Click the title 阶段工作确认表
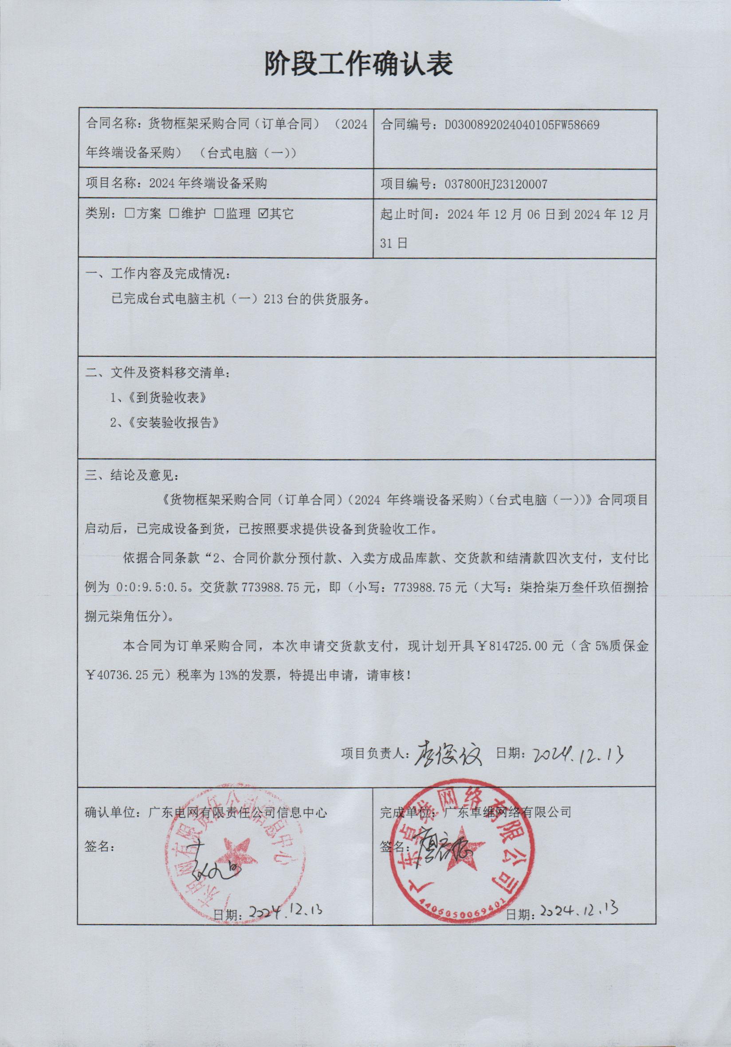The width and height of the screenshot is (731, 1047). [358, 64]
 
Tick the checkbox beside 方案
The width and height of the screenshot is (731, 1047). [129, 213]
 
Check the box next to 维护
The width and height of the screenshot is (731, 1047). [174, 213]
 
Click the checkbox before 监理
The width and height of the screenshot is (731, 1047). [219, 213]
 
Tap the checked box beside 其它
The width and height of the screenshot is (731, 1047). [263, 213]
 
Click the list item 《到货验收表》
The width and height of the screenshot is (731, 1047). [167, 398]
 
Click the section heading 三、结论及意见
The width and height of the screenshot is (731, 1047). [132, 475]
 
